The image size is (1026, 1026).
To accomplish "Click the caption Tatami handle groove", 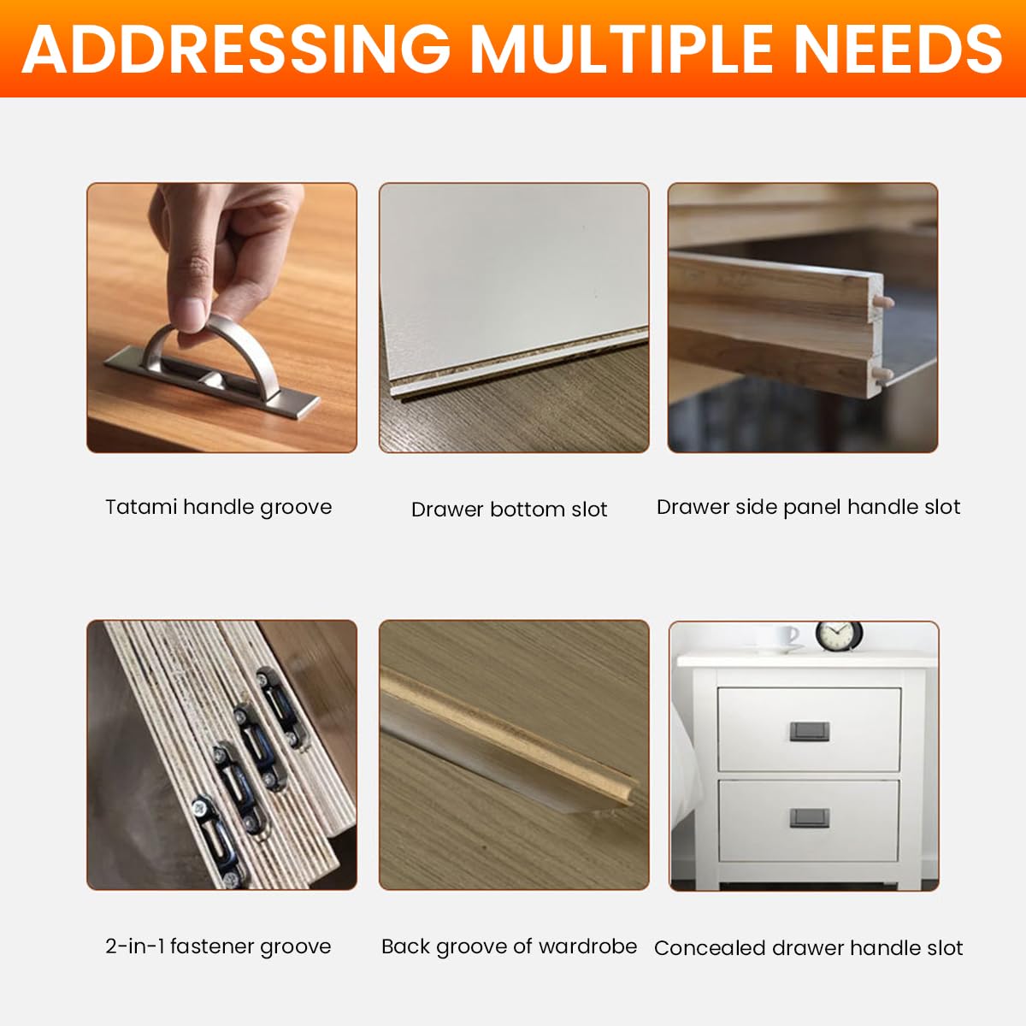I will (218, 507).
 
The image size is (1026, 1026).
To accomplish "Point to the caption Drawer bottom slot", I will (509, 510).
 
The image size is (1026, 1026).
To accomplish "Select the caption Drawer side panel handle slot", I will (808, 507).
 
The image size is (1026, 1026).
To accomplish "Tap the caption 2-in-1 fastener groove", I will (218, 946).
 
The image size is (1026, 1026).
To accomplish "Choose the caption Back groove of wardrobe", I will (509, 946).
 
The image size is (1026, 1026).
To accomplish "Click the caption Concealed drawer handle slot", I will (808, 948).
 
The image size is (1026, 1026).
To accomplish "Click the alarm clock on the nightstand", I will (838, 635).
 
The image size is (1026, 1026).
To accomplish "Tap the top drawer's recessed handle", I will (809, 731).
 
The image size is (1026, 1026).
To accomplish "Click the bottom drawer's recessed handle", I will (809, 818).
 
